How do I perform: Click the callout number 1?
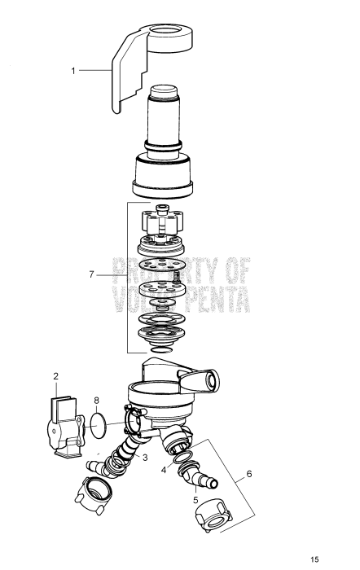point(72,71)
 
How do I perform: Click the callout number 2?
point(56,376)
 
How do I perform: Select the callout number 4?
point(163,469)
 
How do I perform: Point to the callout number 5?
point(195,500)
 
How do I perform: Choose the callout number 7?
point(92,275)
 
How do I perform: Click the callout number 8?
point(97,400)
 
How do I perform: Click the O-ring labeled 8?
point(98,423)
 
